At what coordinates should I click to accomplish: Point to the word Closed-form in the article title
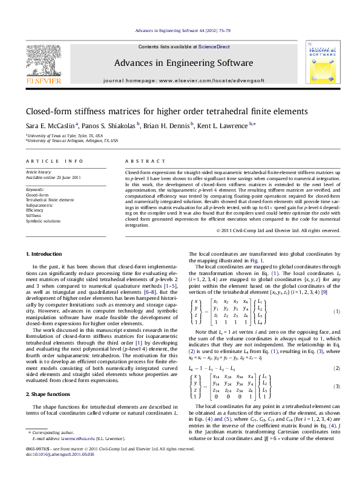(x=46, y=111)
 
